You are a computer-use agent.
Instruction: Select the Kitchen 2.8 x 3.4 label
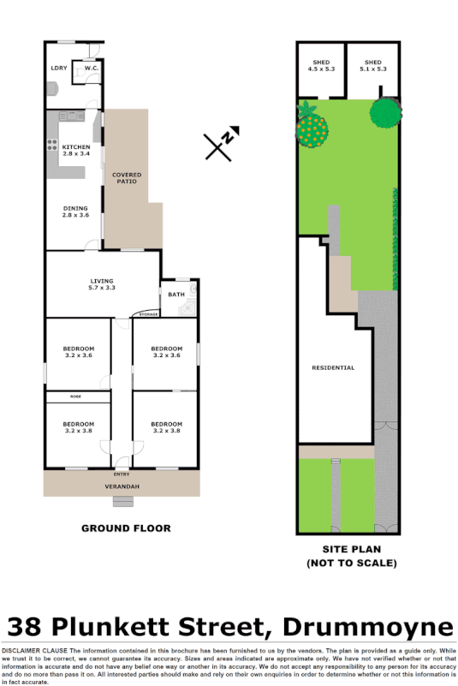pyautogui.click(x=76, y=150)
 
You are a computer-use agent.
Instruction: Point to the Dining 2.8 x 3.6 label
pyautogui.click(x=76, y=211)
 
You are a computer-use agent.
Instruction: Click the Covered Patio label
pyautogui.click(x=128, y=178)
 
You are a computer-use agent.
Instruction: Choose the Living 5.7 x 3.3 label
pyautogui.click(x=102, y=284)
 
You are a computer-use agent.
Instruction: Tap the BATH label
pyautogui.click(x=176, y=295)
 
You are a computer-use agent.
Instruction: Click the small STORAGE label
pyautogui.click(x=149, y=315)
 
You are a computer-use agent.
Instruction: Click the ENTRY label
pyautogui.click(x=121, y=474)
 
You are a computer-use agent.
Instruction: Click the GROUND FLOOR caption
pyautogui.click(x=126, y=528)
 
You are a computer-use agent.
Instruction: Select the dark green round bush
pyautogui.click(x=386, y=113)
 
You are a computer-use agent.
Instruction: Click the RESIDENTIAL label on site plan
pyautogui.click(x=334, y=367)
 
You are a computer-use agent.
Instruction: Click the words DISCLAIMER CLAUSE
pyautogui.click(x=35, y=651)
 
